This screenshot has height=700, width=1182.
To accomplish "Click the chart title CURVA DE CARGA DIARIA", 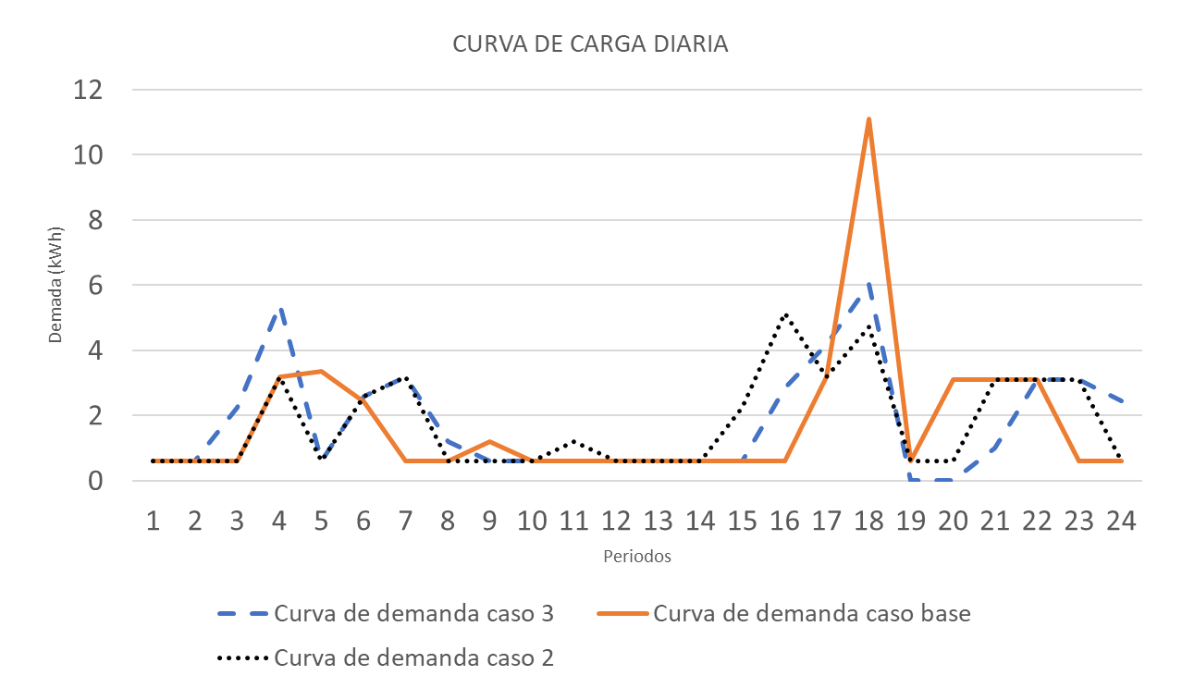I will coord(590,44).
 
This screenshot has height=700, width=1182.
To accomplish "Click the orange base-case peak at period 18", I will coord(869,119).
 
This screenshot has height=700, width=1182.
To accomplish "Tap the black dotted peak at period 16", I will coord(785,315).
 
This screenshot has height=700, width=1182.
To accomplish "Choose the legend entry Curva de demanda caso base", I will coord(811,613).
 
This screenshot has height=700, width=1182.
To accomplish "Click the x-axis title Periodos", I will coord(636,557).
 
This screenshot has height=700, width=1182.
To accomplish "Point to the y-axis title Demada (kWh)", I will coord(55,285).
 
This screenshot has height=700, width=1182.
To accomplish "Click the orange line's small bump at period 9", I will coord(490,442).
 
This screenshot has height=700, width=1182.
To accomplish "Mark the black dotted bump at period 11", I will coord(574,441).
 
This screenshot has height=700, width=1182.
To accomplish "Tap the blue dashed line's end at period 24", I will coord(1121,401).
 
